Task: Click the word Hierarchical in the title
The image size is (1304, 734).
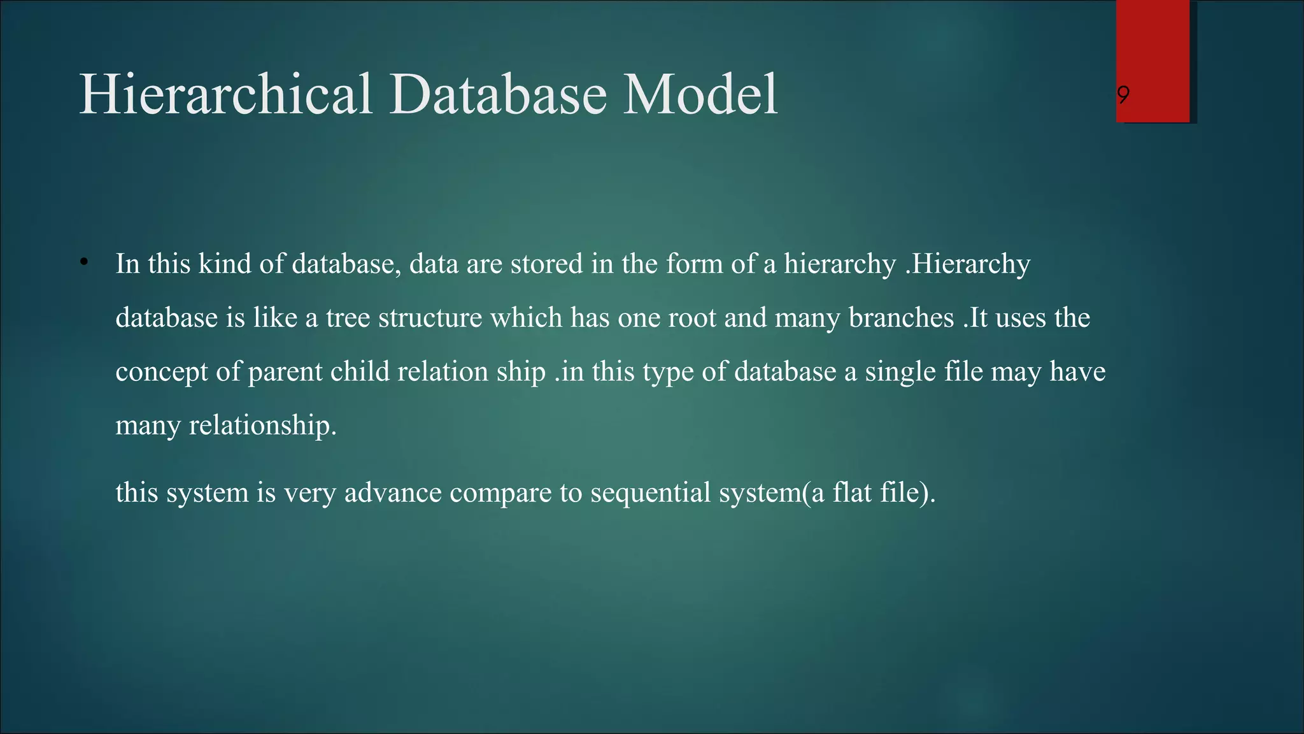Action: pos(225,94)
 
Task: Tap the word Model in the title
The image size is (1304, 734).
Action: pos(699,94)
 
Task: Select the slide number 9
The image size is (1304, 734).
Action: pos(1124,96)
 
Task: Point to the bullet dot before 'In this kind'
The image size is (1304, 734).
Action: pos(83,263)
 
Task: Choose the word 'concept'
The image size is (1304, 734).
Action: pos(161,372)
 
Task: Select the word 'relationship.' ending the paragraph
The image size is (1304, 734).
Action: pos(262,426)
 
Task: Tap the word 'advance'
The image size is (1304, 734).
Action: pos(393,493)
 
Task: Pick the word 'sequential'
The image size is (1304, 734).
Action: pos(650,493)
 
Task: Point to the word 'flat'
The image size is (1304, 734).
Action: pos(852,493)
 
